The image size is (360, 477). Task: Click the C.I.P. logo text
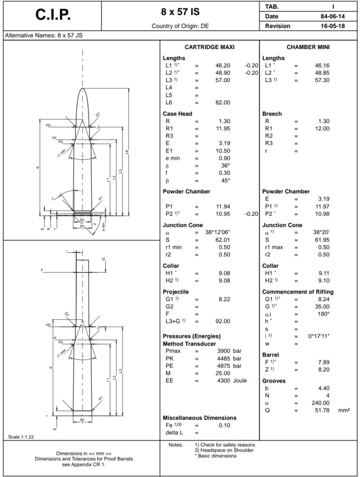pyautogui.click(x=53, y=14)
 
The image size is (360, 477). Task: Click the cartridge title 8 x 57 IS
pyautogui.click(x=180, y=12)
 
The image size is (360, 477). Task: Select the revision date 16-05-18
pyautogui.click(x=333, y=26)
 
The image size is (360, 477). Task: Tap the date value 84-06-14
pyautogui.click(x=333, y=16)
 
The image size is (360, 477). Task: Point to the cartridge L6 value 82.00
pyautogui.click(x=223, y=102)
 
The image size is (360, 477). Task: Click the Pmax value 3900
pyautogui.click(x=224, y=351)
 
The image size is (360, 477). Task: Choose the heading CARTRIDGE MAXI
pyautogui.click(x=210, y=47)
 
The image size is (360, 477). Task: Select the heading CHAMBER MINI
pyautogui.click(x=308, y=47)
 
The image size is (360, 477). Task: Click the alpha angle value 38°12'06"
pyautogui.click(x=217, y=232)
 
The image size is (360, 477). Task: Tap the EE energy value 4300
pyautogui.click(x=224, y=381)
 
